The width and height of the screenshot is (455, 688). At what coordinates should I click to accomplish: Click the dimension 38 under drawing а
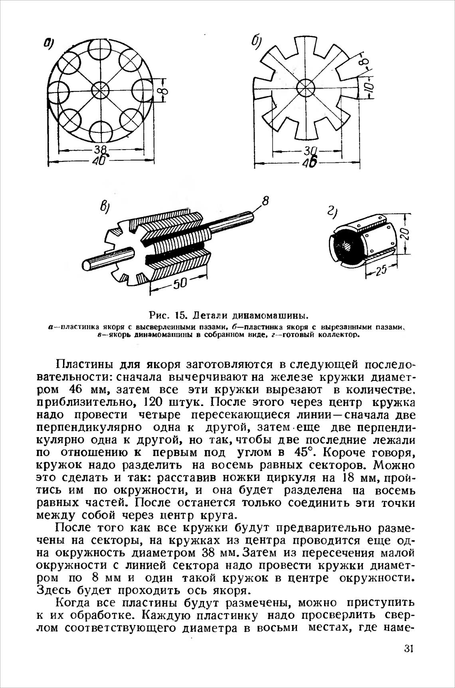coord(102,150)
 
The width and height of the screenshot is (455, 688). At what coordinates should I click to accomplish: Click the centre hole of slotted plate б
coord(306,87)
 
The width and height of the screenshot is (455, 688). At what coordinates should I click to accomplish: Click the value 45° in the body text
coord(306,453)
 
